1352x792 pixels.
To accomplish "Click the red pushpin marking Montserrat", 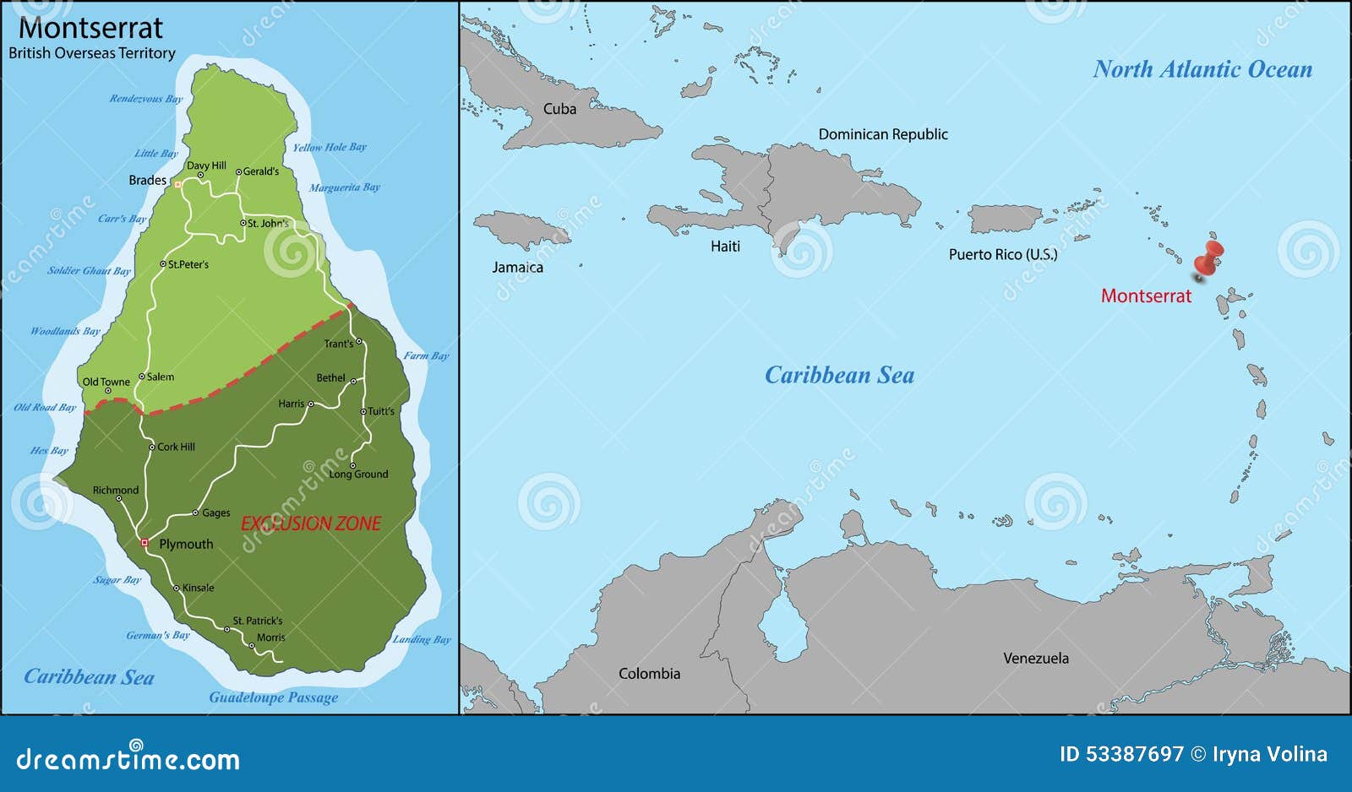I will tap(1210, 257).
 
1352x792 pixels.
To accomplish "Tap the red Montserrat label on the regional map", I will tap(1145, 296).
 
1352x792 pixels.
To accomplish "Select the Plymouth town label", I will tap(186, 544).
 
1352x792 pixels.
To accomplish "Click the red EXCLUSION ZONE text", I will tap(311, 523).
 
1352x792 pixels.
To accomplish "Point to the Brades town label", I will tap(147, 180).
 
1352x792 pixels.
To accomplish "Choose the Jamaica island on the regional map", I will tap(517, 229).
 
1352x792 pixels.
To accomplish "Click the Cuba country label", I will tap(559, 109).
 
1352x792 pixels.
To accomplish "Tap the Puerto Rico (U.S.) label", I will tap(1002, 254).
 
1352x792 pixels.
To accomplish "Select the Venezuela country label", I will tap(1035, 658).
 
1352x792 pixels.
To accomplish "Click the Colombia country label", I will tap(649, 673).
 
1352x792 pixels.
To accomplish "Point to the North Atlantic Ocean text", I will tap(1202, 69).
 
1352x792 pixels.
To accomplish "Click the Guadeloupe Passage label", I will tap(273, 697).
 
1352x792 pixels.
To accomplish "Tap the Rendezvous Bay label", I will tap(145, 99).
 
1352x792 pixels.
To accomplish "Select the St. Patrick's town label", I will tap(258, 621).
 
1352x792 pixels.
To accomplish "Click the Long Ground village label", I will tap(358, 475).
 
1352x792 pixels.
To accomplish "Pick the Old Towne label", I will tap(106, 382).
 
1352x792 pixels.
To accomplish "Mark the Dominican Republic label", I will tap(883, 134).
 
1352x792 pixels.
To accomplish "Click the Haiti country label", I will tap(725, 246).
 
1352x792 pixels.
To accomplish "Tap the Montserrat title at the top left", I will tap(90, 28).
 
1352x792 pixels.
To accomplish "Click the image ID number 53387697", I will tap(1136, 754).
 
